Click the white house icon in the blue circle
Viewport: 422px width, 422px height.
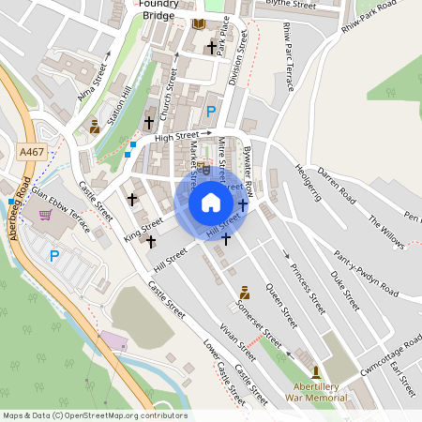point(211,202)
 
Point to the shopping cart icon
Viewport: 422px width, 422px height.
point(46,215)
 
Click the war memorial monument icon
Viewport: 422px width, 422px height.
point(315,372)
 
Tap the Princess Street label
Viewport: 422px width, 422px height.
point(307,287)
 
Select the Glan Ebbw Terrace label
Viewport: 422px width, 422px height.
point(61,205)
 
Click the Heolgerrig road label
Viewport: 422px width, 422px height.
point(309,183)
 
